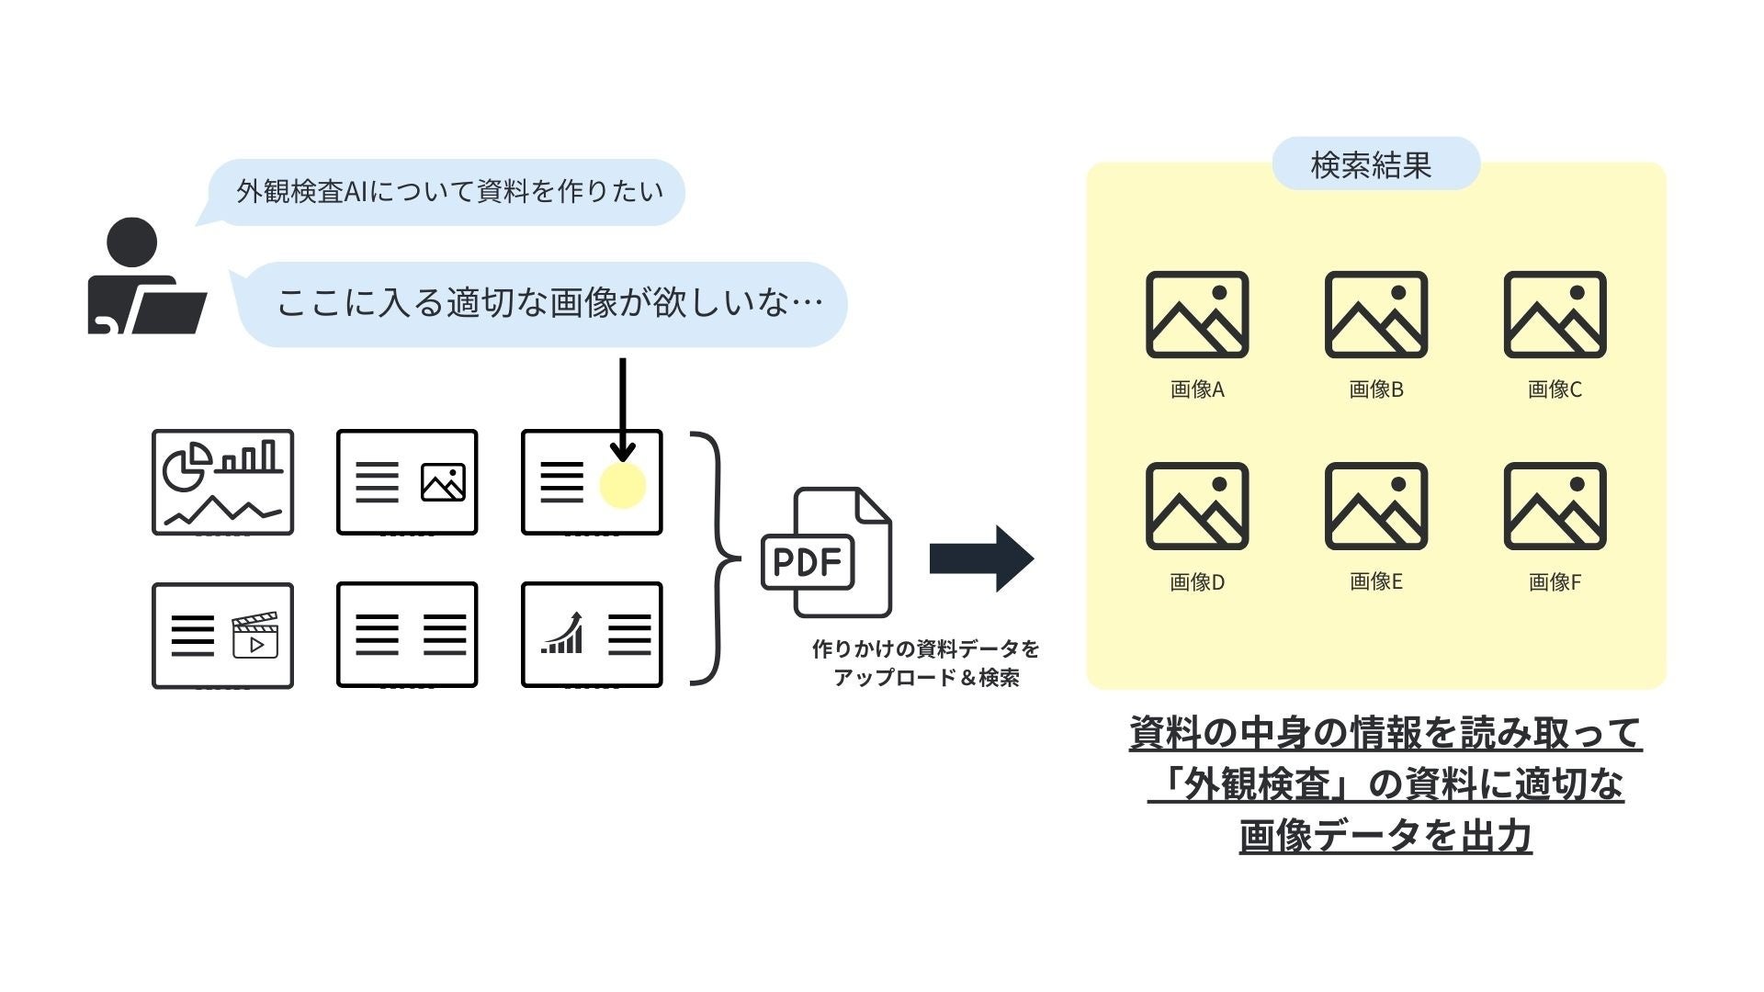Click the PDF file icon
[827, 553]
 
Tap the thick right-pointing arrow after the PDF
[981, 558]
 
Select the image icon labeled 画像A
[1197, 314]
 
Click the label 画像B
[1375, 389]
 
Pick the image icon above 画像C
[1555, 314]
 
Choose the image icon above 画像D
[1197, 506]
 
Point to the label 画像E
[1375, 581]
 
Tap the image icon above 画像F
[1555, 506]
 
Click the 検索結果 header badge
[1375, 165]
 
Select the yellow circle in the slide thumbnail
[622, 485]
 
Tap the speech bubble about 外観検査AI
[448, 192]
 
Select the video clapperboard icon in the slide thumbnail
[255, 636]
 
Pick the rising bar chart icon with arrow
[562, 634]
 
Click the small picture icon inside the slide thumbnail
[443, 482]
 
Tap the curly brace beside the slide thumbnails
[717, 558]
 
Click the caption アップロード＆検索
[926, 679]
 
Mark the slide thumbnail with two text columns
[407, 635]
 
